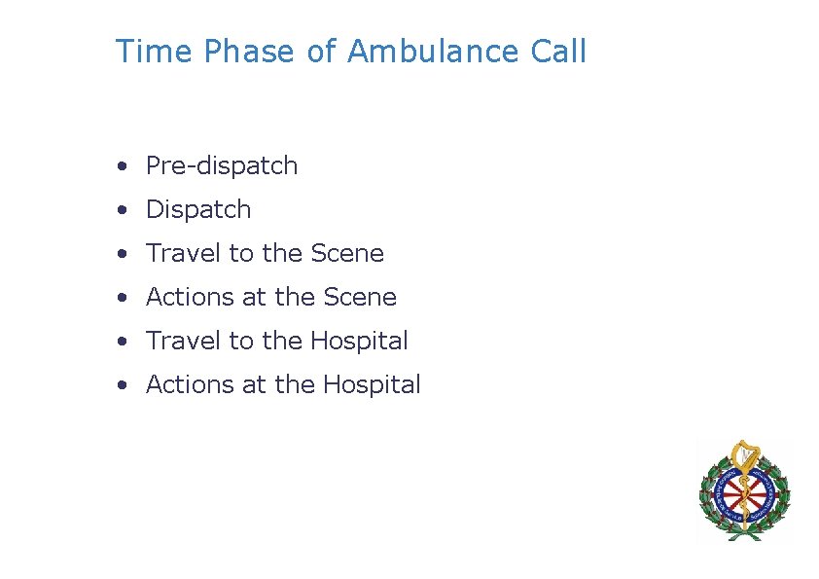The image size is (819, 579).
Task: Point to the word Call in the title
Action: [558, 51]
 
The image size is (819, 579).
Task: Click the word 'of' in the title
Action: [321, 51]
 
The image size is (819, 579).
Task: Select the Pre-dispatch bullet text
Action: [222, 166]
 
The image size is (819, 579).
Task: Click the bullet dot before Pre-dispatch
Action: [120, 166]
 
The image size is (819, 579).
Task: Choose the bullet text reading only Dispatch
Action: [198, 210]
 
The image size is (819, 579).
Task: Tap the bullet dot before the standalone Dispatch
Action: [120, 210]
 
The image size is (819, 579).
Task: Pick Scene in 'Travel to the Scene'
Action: [347, 254]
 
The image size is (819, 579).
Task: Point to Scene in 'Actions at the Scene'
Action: [360, 297]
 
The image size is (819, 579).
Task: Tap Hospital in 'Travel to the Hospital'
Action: [359, 341]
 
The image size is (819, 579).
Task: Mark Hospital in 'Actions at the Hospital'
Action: [372, 384]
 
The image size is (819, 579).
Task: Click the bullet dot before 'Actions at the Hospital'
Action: [120, 384]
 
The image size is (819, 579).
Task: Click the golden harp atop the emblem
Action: [744, 453]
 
